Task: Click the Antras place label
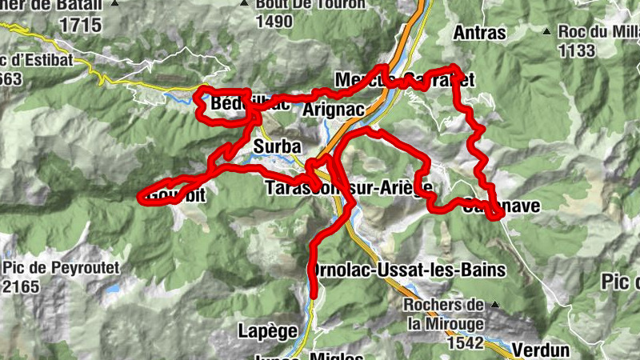479,33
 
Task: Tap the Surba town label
277,147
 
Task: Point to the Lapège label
268,330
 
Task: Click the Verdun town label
541,350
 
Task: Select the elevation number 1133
578,51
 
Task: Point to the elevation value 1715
80,25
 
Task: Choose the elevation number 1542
466,343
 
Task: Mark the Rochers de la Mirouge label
442,314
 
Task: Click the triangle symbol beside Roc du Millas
546,32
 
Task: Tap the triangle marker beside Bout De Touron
246,4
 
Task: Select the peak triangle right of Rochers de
495,305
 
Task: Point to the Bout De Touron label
310,4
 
